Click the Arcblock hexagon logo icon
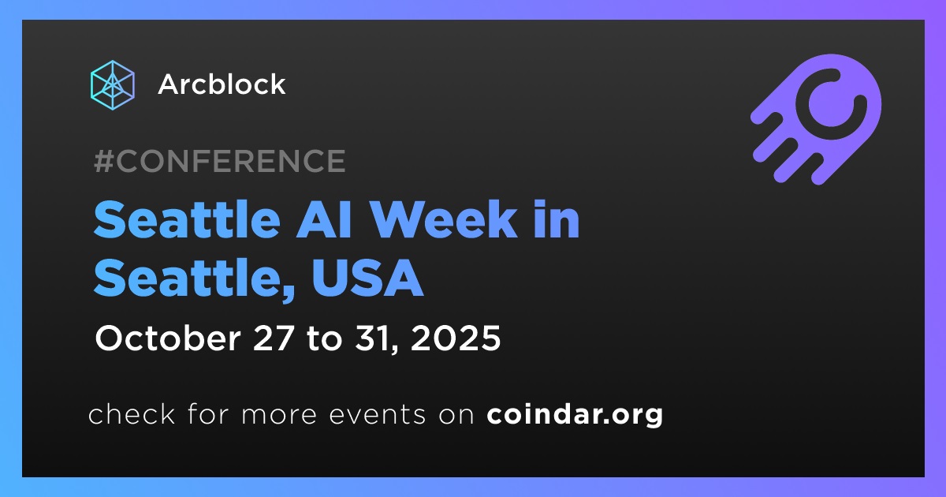[112, 85]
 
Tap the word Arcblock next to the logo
[222, 84]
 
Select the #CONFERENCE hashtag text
[220, 161]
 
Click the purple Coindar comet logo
[816, 119]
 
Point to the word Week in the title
[445, 220]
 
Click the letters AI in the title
[324, 220]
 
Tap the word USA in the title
[367, 278]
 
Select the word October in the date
[168, 338]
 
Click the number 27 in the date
[274, 338]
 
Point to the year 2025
[456, 338]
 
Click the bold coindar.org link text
[575, 415]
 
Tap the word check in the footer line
[132, 414]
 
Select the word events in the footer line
[377, 415]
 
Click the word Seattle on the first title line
[187, 220]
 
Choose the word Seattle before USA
[187, 278]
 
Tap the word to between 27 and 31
[324, 339]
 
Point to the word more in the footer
[279, 415]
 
